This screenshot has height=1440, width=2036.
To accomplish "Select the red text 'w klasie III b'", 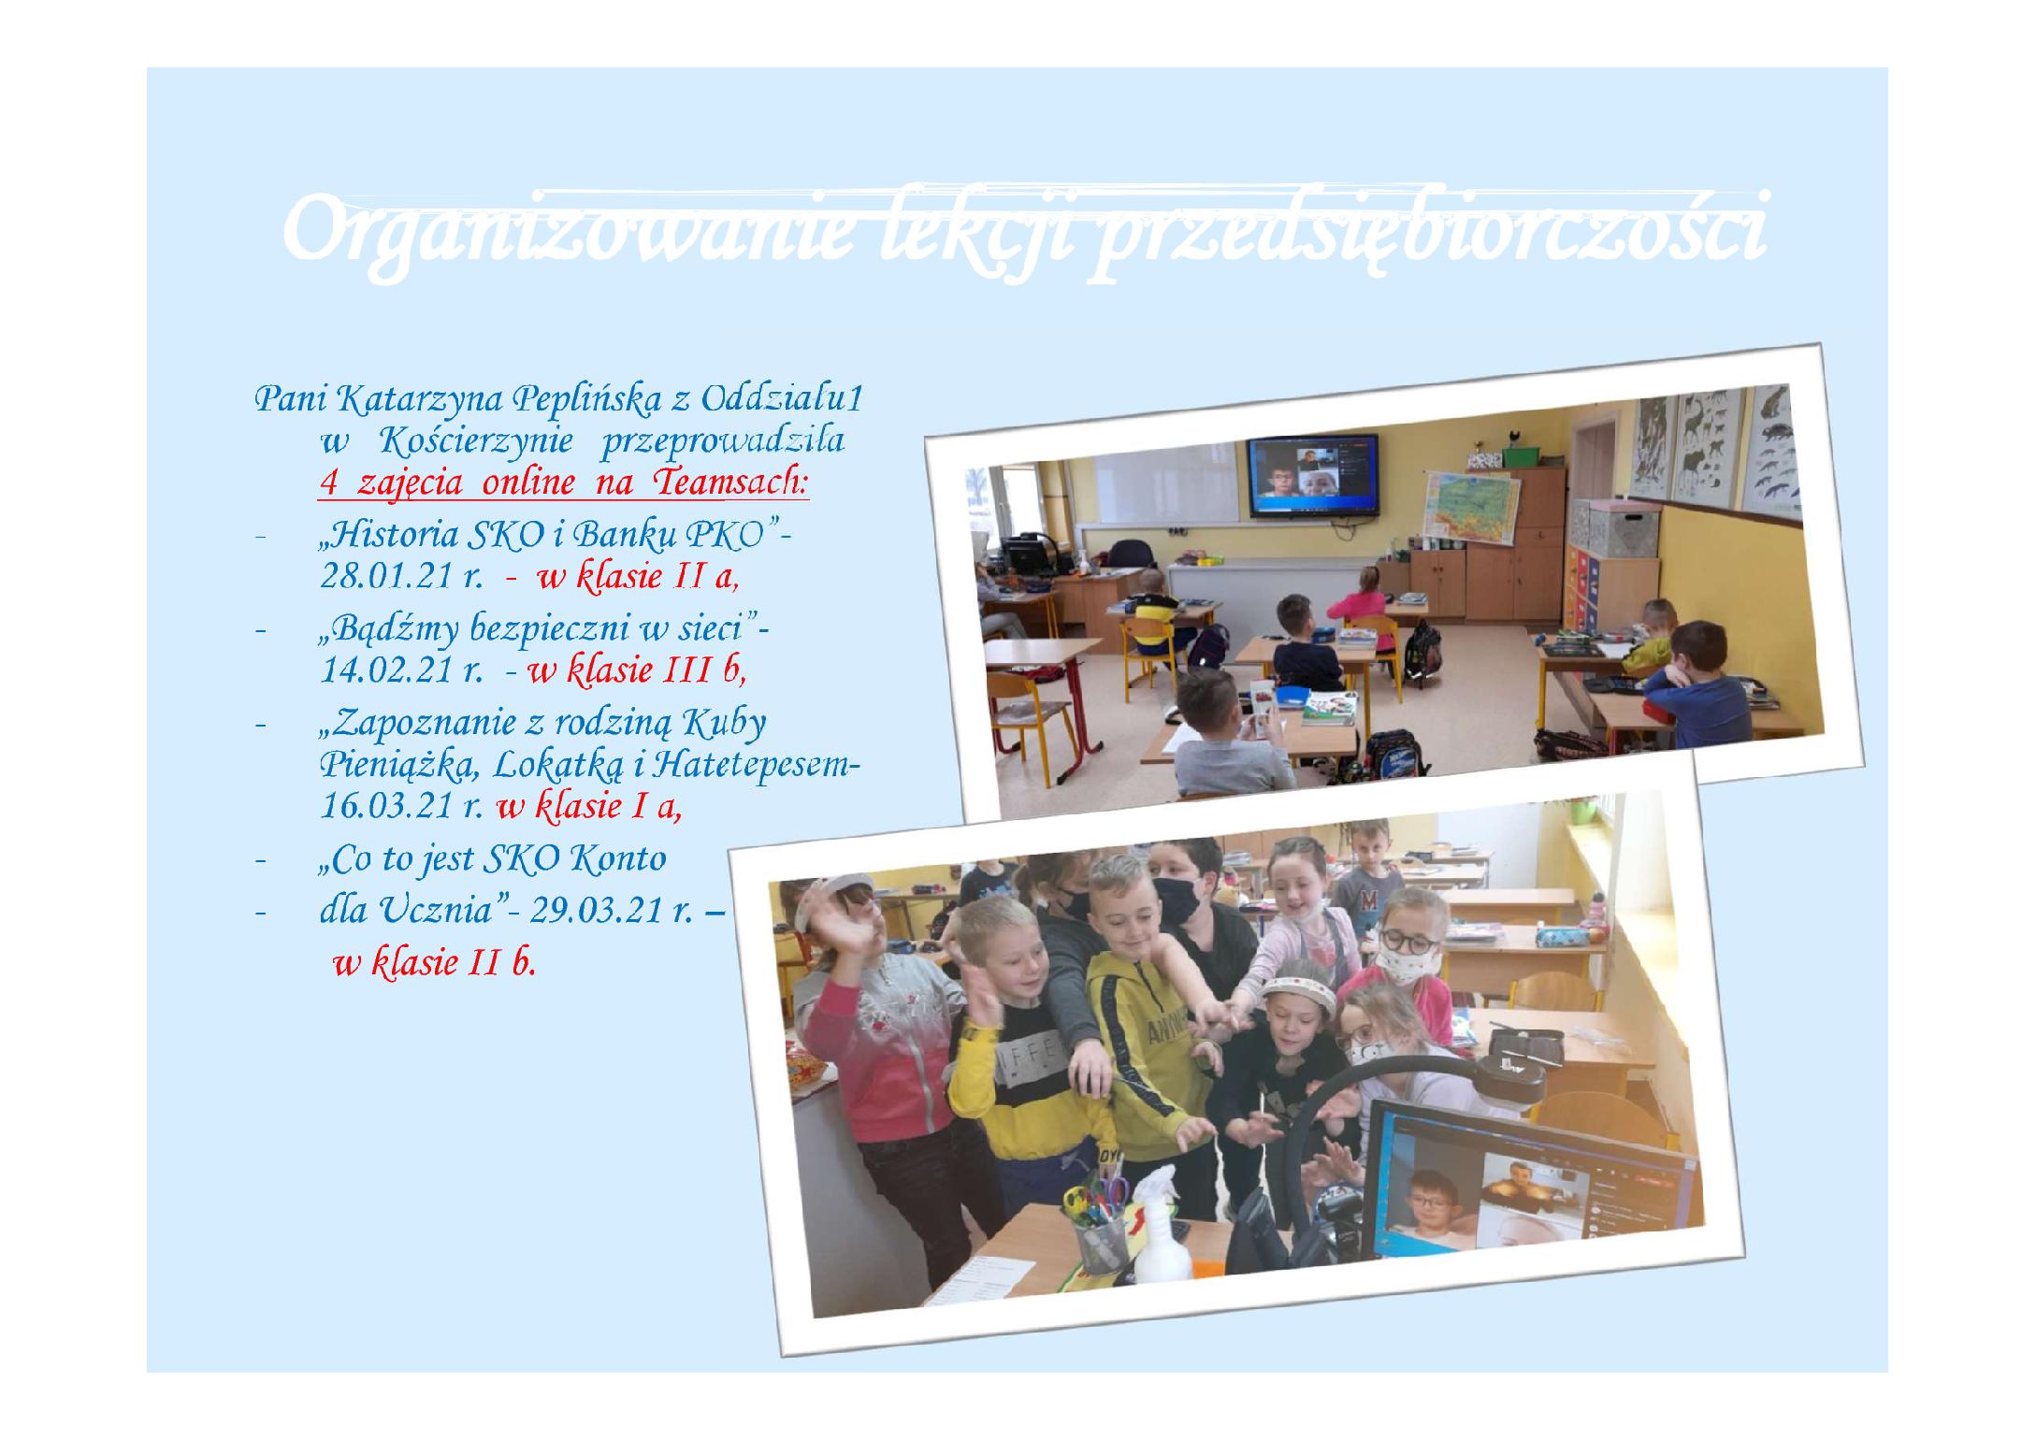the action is [x=637, y=670].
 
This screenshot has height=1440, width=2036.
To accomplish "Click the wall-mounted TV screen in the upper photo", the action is [x=1313, y=476].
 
